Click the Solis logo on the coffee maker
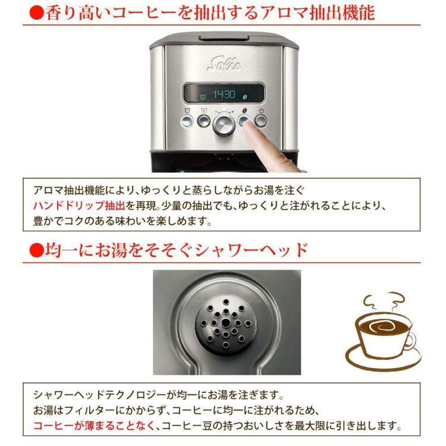(x=224, y=62)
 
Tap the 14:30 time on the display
(x=224, y=95)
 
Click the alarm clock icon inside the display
(x=203, y=95)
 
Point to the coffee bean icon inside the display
(x=244, y=95)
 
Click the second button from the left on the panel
(x=204, y=121)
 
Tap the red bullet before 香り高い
(x=36, y=13)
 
